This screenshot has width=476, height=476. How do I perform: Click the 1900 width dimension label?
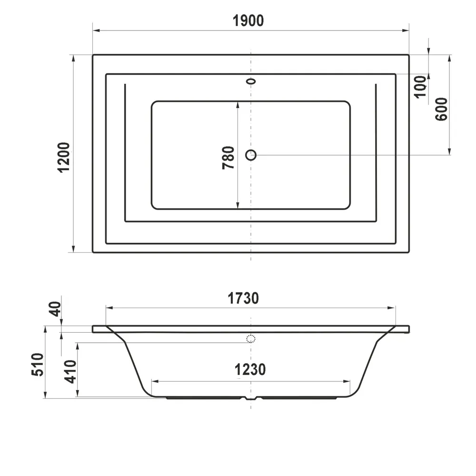point(248,20)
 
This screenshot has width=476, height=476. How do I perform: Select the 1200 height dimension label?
point(64,157)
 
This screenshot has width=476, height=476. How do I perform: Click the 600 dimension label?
point(441,109)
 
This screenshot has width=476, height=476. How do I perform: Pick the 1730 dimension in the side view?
point(243,298)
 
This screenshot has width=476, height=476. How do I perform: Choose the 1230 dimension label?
point(249,369)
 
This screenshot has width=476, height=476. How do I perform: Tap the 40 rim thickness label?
point(56,310)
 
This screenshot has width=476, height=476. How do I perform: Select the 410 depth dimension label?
point(70,372)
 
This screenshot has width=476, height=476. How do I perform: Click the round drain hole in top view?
point(251,155)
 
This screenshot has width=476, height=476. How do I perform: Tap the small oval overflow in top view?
point(251,81)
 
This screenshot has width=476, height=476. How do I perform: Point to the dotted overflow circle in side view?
point(251,339)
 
